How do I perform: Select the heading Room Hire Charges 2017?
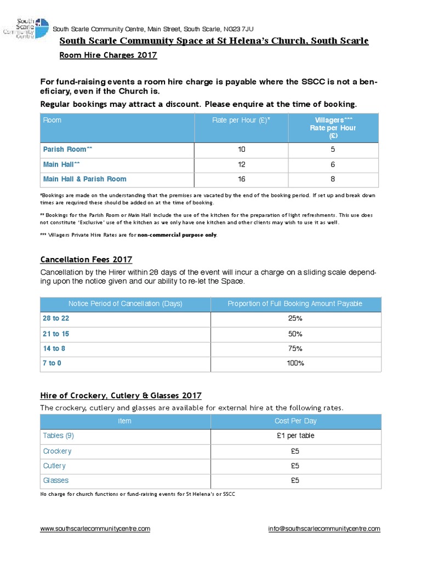(108, 55)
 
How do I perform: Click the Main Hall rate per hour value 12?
(242, 164)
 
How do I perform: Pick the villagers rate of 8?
(333, 179)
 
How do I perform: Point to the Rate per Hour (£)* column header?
(241, 121)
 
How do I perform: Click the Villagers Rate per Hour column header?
(333, 128)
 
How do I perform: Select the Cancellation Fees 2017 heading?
(86, 260)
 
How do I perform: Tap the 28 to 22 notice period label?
(56, 319)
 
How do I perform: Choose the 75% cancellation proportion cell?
(295, 348)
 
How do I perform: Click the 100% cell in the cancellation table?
(295, 363)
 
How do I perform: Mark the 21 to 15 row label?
(56, 334)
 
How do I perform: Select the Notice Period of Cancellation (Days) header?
(125, 304)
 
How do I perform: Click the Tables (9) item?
(58, 436)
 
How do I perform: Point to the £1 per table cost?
(295, 436)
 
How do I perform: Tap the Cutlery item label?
(54, 466)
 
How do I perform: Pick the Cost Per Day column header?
(295, 421)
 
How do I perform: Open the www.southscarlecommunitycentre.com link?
(95, 529)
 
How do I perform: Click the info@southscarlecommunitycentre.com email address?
(324, 529)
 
